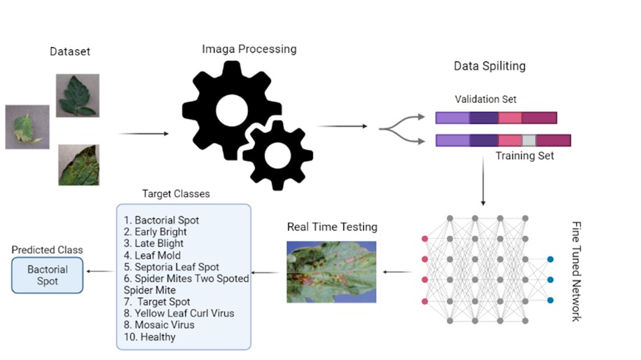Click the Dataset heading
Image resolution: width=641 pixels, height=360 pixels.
(70, 51)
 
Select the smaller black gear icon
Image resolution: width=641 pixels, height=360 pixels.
(276, 155)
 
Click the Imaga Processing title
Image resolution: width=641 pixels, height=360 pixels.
(249, 49)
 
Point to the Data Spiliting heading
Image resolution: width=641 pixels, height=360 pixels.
(490, 67)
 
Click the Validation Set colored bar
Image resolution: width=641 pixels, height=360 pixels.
(496, 118)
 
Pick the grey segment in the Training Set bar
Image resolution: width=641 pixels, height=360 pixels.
(529, 140)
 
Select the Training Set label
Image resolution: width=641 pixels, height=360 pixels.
(525, 155)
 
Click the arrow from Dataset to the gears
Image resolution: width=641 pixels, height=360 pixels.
(144, 133)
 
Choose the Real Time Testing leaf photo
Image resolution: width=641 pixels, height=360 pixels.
(331, 272)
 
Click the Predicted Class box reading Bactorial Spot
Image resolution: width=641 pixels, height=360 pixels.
(48, 275)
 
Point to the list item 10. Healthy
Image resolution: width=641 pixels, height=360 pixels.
(149, 337)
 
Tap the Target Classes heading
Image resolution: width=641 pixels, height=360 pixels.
(176, 193)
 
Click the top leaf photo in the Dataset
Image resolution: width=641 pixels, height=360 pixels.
(78, 95)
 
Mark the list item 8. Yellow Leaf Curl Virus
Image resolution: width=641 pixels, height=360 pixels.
(179, 313)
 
